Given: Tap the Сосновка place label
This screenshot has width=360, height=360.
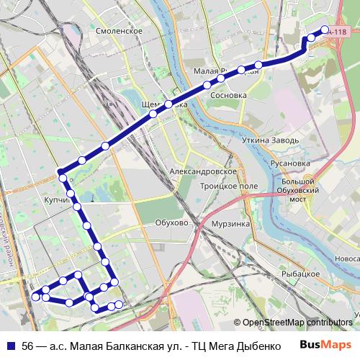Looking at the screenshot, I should (x=228, y=95).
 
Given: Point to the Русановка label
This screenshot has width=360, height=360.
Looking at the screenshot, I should (x=290, y=163).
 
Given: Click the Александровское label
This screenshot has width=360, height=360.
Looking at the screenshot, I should (x=202, y=173).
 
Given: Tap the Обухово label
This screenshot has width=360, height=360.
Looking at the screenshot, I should (x=171, y=223).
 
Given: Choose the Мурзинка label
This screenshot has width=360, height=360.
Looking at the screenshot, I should (x=230, y=224).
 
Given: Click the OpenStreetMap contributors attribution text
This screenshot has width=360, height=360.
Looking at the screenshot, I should (x=297, y=323).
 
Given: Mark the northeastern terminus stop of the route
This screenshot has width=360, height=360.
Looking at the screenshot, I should (x=325, y=31).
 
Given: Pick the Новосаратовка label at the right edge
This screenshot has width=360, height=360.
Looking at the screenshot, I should (x=348, y=258).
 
